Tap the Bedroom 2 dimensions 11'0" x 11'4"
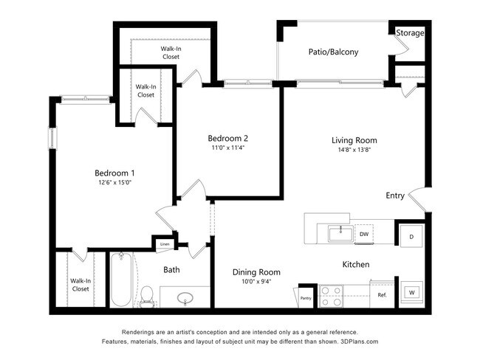tap(227, 148)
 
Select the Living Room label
tap(354, 140)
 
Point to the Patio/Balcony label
tap(333, 52)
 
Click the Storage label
tap(410, 33)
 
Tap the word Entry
tap(394, 195)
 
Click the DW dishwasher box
tap(363, 235)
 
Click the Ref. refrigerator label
tap(382, 295)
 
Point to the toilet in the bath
tap(148, 295)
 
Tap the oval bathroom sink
tap(185, 299)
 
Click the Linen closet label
tap(165, 244)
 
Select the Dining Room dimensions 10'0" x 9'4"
tap(256, 281)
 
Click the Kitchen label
tap(355, 264)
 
